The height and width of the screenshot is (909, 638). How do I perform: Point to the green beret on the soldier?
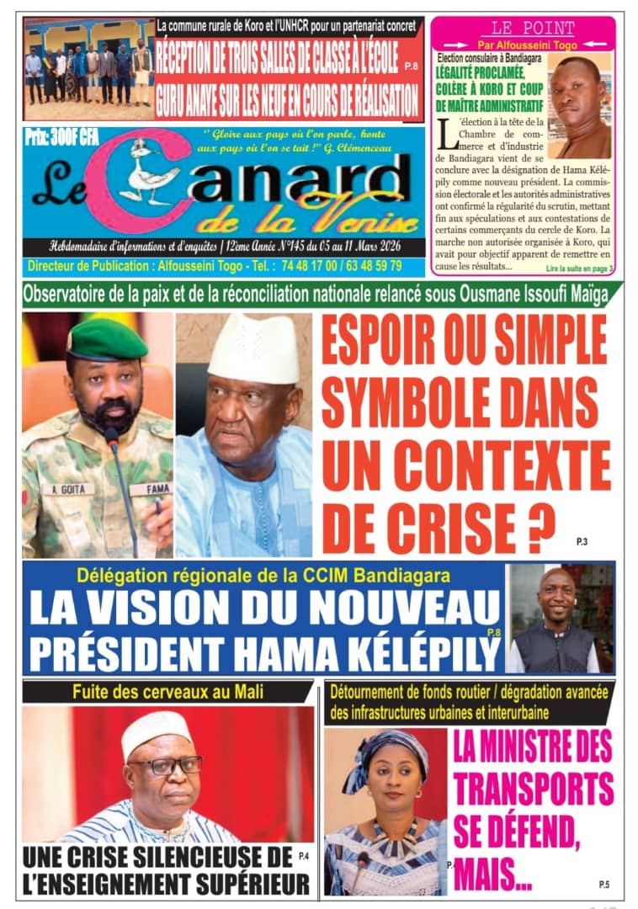106,340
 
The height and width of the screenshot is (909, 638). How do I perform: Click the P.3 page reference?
582,542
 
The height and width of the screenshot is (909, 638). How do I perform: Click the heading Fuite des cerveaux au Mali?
167,693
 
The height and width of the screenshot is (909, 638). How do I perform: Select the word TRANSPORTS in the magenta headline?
534,791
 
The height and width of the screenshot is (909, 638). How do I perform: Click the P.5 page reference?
603,884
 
